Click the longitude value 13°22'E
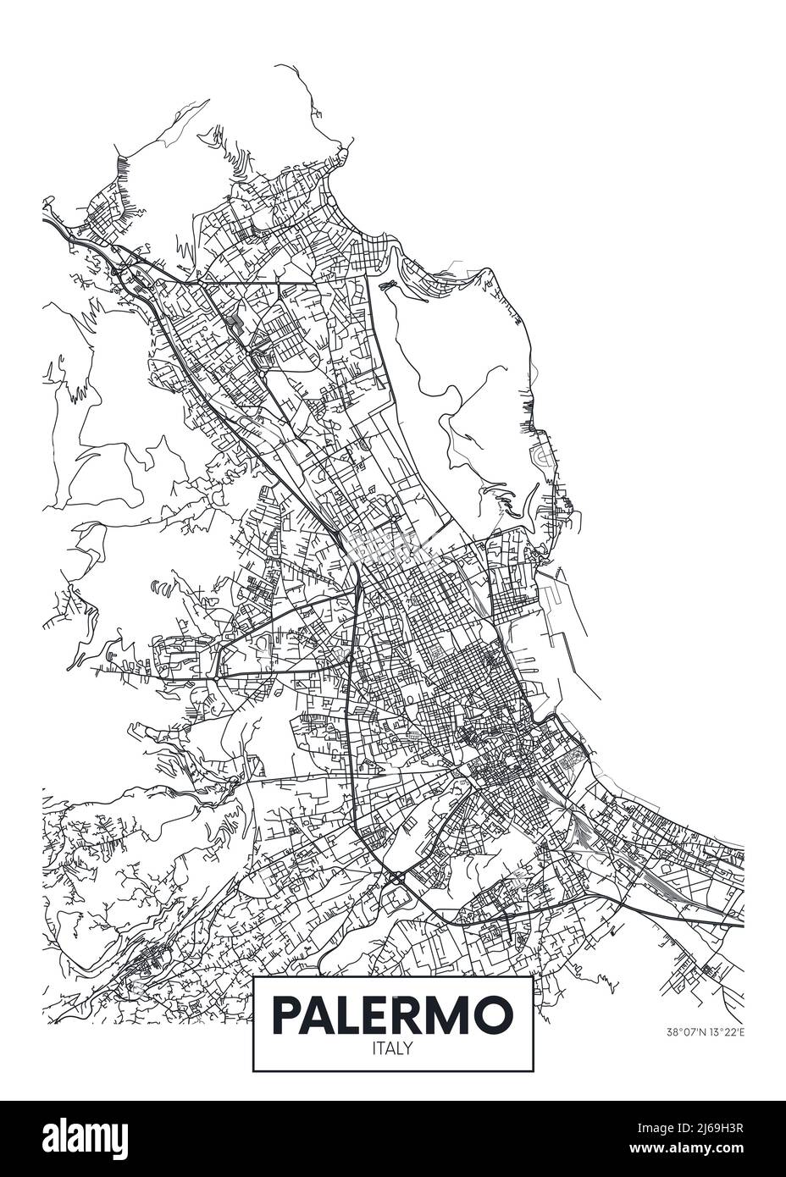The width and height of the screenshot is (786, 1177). point(722,1031)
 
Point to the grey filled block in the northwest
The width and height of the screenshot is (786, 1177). point(235,322)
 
